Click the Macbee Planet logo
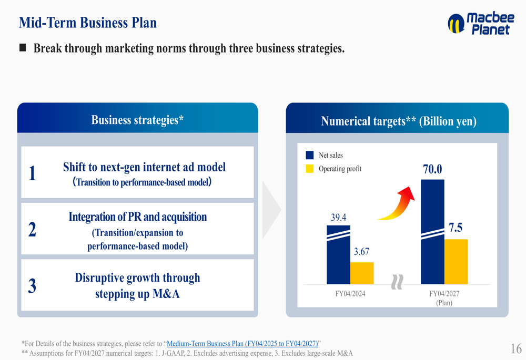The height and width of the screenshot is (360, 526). (x=481, y=24)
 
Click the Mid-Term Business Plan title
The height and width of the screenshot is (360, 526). (x=87, y=23)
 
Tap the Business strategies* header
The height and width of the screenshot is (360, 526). (x=137, y=120)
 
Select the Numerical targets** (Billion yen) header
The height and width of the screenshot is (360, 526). (x=399, y=121)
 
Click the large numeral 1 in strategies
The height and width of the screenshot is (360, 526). (x=32, y=173)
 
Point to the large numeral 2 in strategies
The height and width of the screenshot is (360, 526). (x=32, y=230)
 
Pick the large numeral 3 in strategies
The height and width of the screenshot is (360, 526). (x=32, y=286)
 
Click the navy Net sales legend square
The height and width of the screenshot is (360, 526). (x=310, y=155)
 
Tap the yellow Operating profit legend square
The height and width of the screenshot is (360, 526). (x=310, y=169)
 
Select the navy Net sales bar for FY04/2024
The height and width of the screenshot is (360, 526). (x=338, y=255)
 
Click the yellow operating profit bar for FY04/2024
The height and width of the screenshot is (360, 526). (x=362, y=273)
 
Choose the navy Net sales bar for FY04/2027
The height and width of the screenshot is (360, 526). (x=432, y=232)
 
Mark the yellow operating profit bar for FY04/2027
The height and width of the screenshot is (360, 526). (x=456, y=262)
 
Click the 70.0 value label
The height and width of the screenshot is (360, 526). (x=432, y=169)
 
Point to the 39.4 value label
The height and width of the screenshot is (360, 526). (x=338, y=218)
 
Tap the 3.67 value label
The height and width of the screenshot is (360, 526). (x=362, y=251)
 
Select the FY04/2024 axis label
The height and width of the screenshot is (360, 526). (x=350, y=294)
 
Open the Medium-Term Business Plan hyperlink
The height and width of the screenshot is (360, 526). (x=242, y=344)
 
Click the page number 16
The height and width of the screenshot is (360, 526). (x=517, y=348)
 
